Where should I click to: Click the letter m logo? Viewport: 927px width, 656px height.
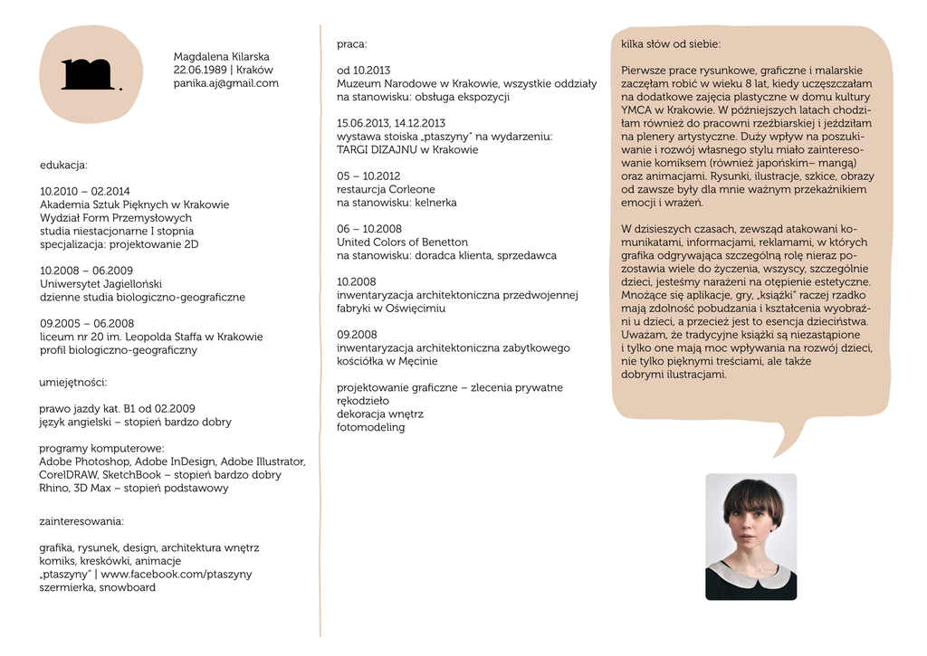87,74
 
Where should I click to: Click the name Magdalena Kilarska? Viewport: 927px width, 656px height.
221,56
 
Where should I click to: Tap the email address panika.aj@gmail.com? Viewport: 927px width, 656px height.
225,83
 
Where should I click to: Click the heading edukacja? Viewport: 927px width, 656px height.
63,165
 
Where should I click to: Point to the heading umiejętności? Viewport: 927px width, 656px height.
73,382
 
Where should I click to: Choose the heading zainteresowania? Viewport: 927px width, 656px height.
81,521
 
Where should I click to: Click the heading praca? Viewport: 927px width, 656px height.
352,43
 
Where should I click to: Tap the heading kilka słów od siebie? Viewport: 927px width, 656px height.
671,43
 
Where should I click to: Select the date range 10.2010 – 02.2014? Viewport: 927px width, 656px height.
85,191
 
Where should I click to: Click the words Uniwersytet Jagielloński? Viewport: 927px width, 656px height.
100,283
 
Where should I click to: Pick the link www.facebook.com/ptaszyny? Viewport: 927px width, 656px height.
177,574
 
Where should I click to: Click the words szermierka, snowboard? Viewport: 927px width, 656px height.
98,587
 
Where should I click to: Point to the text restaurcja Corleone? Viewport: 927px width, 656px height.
386,189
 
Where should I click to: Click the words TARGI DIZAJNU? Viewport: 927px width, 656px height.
379,149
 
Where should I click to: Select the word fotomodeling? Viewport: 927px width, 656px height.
370,427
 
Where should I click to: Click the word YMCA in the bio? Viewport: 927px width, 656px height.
636,109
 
